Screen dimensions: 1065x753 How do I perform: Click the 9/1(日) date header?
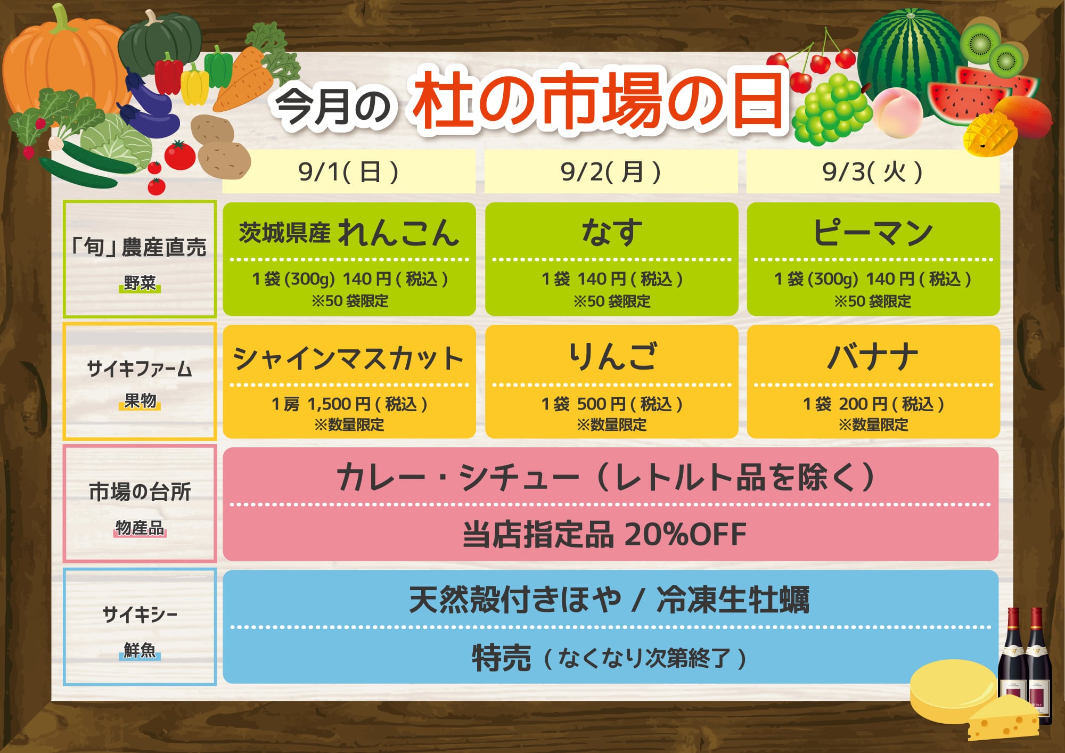click(x=348, y=172)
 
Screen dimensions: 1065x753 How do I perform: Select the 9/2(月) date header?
click(x=611, y=172)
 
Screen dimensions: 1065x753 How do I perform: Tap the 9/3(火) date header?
click(x=873, y=172)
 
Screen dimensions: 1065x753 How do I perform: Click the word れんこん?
click(x=398, y=233)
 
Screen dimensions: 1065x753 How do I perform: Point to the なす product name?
click(x=611, y=232)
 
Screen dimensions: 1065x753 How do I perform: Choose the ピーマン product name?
click(x=873, y=233)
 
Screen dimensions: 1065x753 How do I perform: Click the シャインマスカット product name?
click(x=349, y=358)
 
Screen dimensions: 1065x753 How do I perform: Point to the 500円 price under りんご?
click(x=601, y=404)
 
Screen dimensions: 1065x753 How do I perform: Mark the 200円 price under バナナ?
click(x=863, y=404)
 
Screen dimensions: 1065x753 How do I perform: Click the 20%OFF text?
click(x=685, y=534)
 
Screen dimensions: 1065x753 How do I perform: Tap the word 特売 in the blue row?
click(x=501, y=658)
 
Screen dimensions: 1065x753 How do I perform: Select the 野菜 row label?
click(x=140, y=283)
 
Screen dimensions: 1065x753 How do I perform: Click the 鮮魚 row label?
click(x=140, y=650)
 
